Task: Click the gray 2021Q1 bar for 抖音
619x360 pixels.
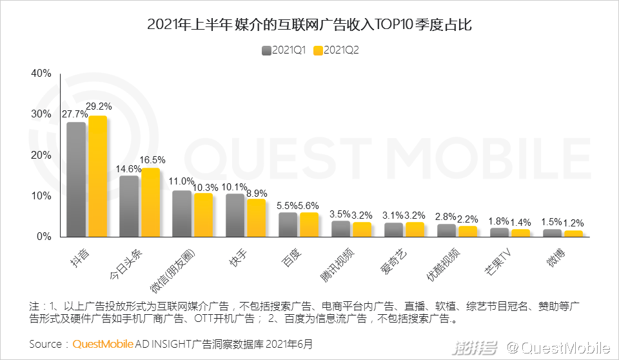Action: pos(76,179)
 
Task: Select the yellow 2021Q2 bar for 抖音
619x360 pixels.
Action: pos(97,176)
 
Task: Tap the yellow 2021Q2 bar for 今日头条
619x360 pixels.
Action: pos(150,202)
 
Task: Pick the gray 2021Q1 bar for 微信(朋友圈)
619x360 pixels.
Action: pos(182,214)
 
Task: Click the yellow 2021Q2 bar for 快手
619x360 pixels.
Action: pos(256,217)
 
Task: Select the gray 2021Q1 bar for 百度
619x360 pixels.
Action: pos(288,225)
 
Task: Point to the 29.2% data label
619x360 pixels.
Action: pos(100,106)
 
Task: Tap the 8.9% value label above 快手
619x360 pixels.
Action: pos(257,193)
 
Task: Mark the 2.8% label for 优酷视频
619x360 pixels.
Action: pos(446,216)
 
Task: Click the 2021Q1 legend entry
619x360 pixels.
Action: pos(284,50)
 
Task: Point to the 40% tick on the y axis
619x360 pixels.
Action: pos(41,73)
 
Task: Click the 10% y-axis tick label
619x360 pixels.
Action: pos(41,195)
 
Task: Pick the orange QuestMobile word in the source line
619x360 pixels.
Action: pos(103,343)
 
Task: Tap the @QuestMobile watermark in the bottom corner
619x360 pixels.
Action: pos(557,348)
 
